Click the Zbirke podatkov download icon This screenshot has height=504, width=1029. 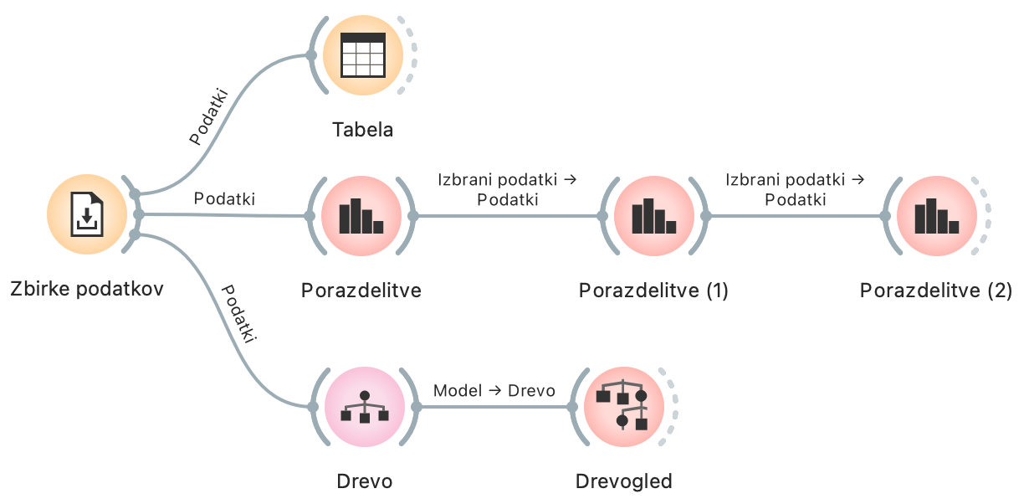pyautogui.click(x=87, y=214)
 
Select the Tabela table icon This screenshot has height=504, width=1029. pyautogui.click(x=363, y=55)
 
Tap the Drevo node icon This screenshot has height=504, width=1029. pyautogui.click(x=364, y=407)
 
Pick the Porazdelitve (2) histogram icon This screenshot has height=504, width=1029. pyautogui.click(x=936, y=216)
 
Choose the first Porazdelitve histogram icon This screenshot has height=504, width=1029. pyautogui.click(x=361, y=216)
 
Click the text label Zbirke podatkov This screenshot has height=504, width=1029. pyautogui.click(x=87, y=290)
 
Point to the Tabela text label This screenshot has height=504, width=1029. pyautogui.click(x=362, y=130)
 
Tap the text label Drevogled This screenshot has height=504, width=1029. pyautogui.click(x=623, y=481)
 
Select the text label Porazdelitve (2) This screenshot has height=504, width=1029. pyautogui.click(x=936, y=291)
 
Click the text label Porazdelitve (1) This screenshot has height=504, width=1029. pyautogui.click(x=653, y=291)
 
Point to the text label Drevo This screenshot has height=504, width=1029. pyautogui.click(x=364, y=481)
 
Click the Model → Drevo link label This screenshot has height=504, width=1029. pyautogui.click(x=494, y=391)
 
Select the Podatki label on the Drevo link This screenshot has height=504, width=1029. pyautogui.click(x=238, y=314)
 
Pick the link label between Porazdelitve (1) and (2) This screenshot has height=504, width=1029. pyautogui.click(x=795, y=189)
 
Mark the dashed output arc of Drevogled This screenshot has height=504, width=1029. pyautogui.click(x=672, y=407)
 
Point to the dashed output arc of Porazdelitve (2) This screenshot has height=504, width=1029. pyautogui.click(x=985, y=216)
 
